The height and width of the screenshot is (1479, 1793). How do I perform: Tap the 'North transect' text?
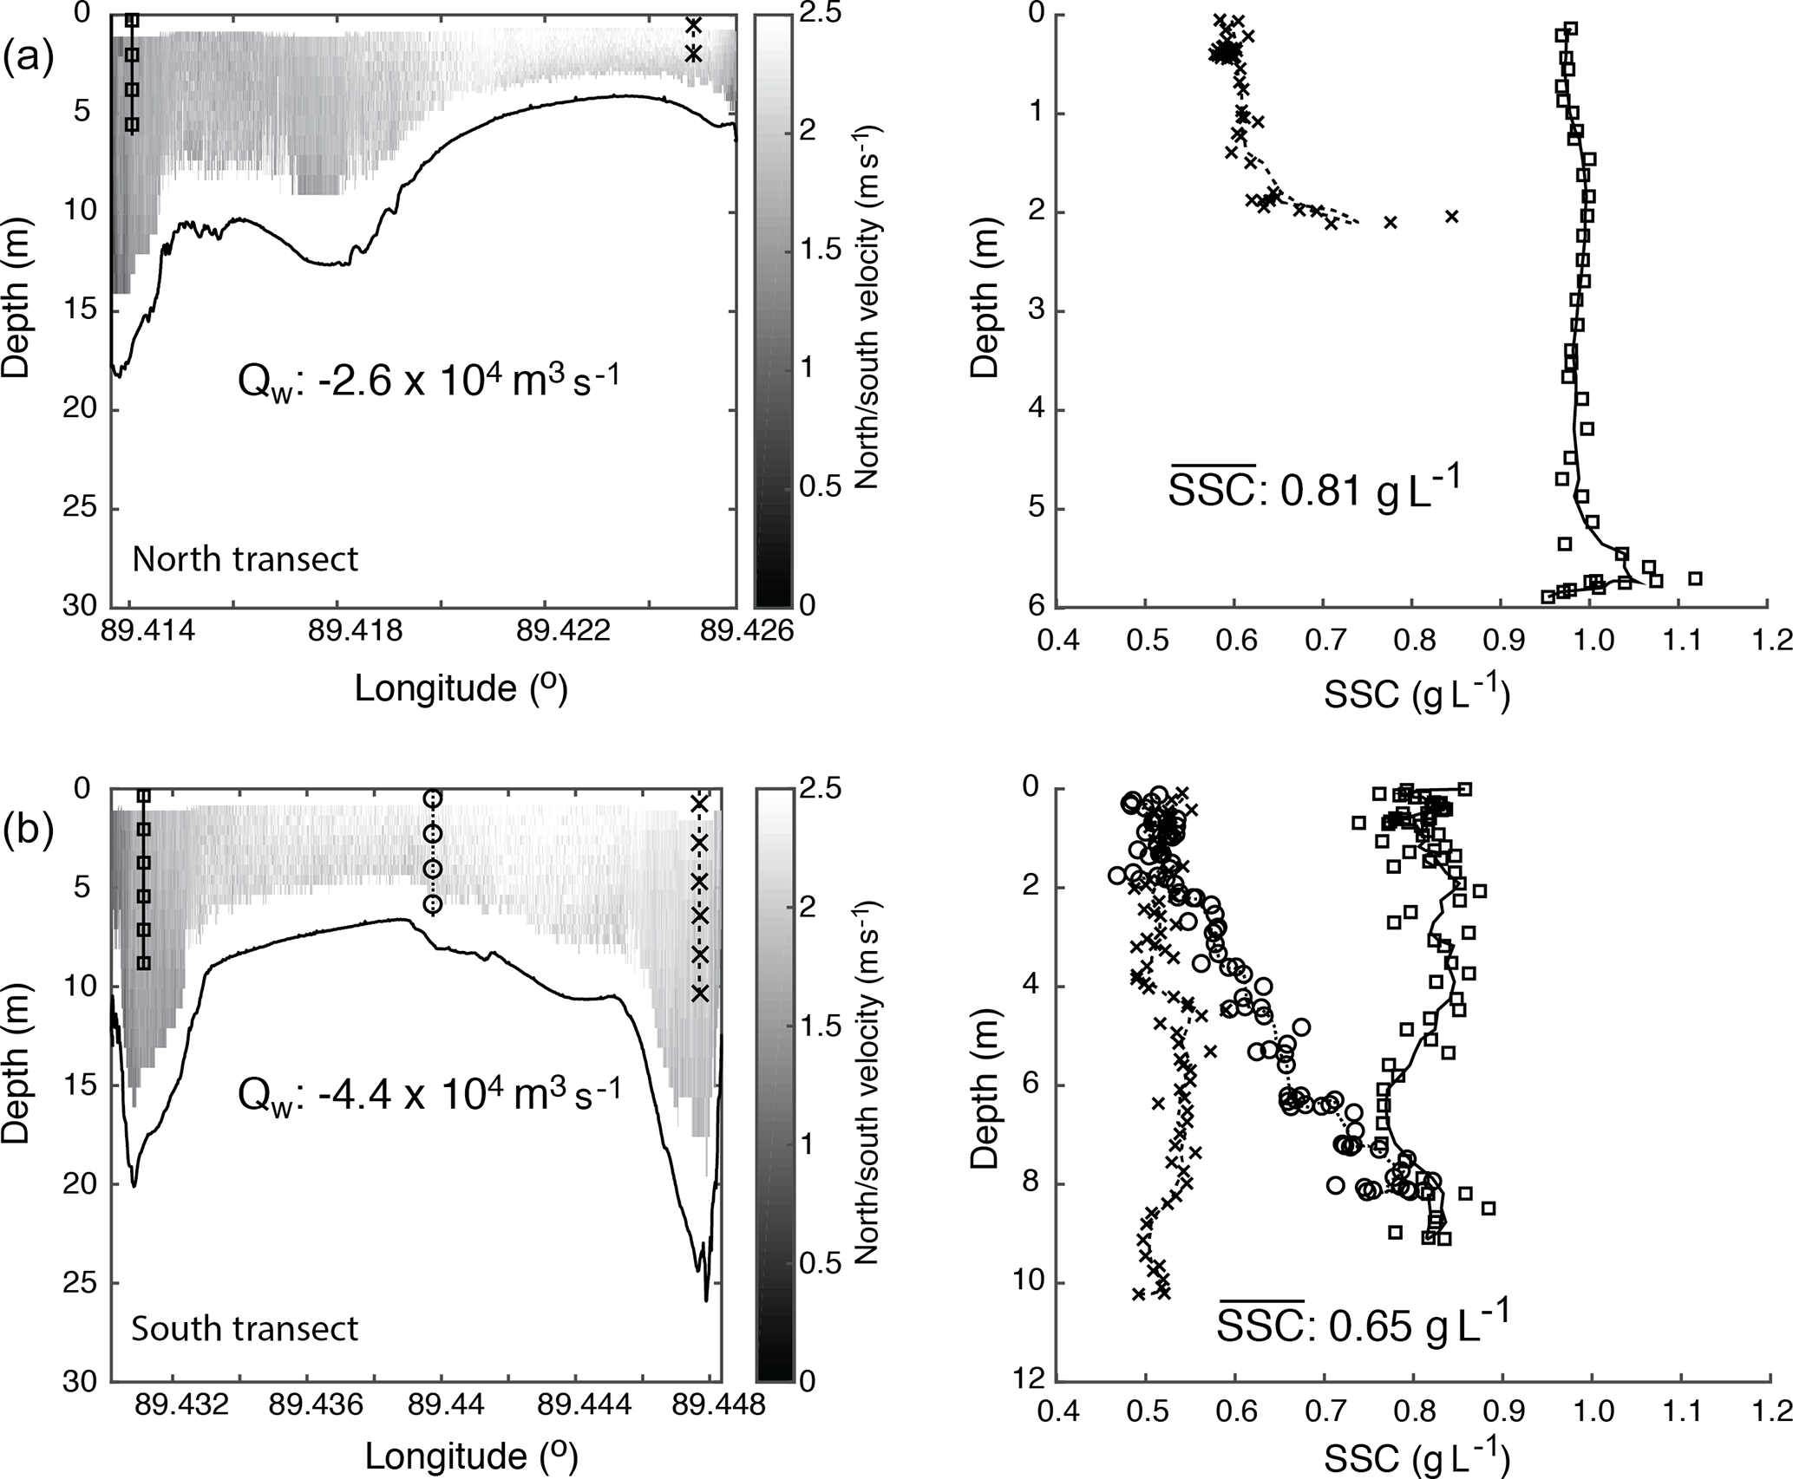245,559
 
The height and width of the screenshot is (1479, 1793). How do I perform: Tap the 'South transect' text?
245,1328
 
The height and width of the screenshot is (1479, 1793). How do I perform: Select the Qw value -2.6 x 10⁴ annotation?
429,380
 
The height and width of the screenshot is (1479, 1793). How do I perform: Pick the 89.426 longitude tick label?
735,632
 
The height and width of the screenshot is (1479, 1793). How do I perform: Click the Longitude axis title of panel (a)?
461,688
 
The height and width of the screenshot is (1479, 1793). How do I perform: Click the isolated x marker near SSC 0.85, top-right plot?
1452,216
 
